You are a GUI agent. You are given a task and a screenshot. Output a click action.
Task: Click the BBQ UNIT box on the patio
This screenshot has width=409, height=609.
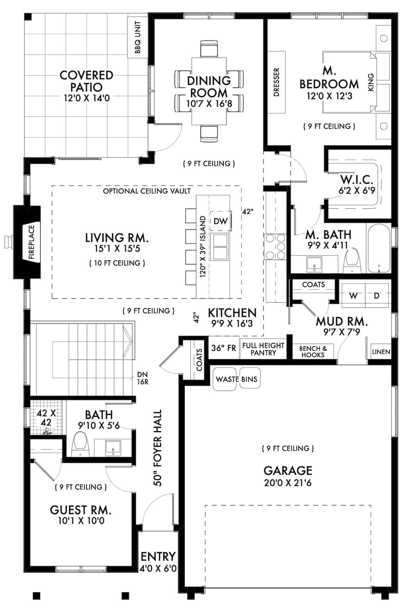click(137, 37)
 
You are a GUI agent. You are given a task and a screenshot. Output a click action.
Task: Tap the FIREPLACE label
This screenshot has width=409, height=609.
click(32, 242)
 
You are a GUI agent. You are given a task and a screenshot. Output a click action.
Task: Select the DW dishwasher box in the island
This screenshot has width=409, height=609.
click(220, 221)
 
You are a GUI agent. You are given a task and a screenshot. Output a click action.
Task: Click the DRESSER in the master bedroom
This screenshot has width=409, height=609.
click(276, 82)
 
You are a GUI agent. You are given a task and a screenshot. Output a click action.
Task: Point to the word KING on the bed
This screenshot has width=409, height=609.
click(371, 82)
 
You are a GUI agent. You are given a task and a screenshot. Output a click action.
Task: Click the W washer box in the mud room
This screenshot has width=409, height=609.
click(353, 296)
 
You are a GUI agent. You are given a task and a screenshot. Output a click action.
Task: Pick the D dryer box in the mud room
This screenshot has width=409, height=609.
click(377, 296)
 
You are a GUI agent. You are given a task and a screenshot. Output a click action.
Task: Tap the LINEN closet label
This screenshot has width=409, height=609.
click(381, 352)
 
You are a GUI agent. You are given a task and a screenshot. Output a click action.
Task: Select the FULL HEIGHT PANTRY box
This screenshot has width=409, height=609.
click(263, 349)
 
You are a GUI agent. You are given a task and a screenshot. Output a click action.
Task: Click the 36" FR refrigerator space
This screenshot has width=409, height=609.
click(223, 348)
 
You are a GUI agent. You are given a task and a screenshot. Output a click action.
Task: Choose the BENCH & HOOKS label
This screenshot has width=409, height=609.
click(313, 352)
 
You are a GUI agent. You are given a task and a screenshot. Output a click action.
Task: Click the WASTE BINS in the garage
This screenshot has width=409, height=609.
click(237, 379)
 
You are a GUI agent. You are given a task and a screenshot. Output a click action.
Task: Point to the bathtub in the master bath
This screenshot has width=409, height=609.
click(379, 248)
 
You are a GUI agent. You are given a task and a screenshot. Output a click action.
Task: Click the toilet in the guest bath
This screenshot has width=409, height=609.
click(80, 444)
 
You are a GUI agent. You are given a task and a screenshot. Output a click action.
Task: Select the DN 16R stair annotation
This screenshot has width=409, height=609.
click(142, 378)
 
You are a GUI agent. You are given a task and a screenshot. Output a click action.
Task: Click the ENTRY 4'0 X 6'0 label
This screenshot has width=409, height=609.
click(158, 562)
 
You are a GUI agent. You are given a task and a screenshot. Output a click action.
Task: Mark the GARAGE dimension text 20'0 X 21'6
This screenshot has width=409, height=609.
click(288, 483)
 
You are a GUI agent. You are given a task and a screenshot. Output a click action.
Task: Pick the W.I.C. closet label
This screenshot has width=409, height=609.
click(357, 185)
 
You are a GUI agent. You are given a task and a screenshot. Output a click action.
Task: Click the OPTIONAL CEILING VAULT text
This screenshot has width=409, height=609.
click(147, 191)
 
